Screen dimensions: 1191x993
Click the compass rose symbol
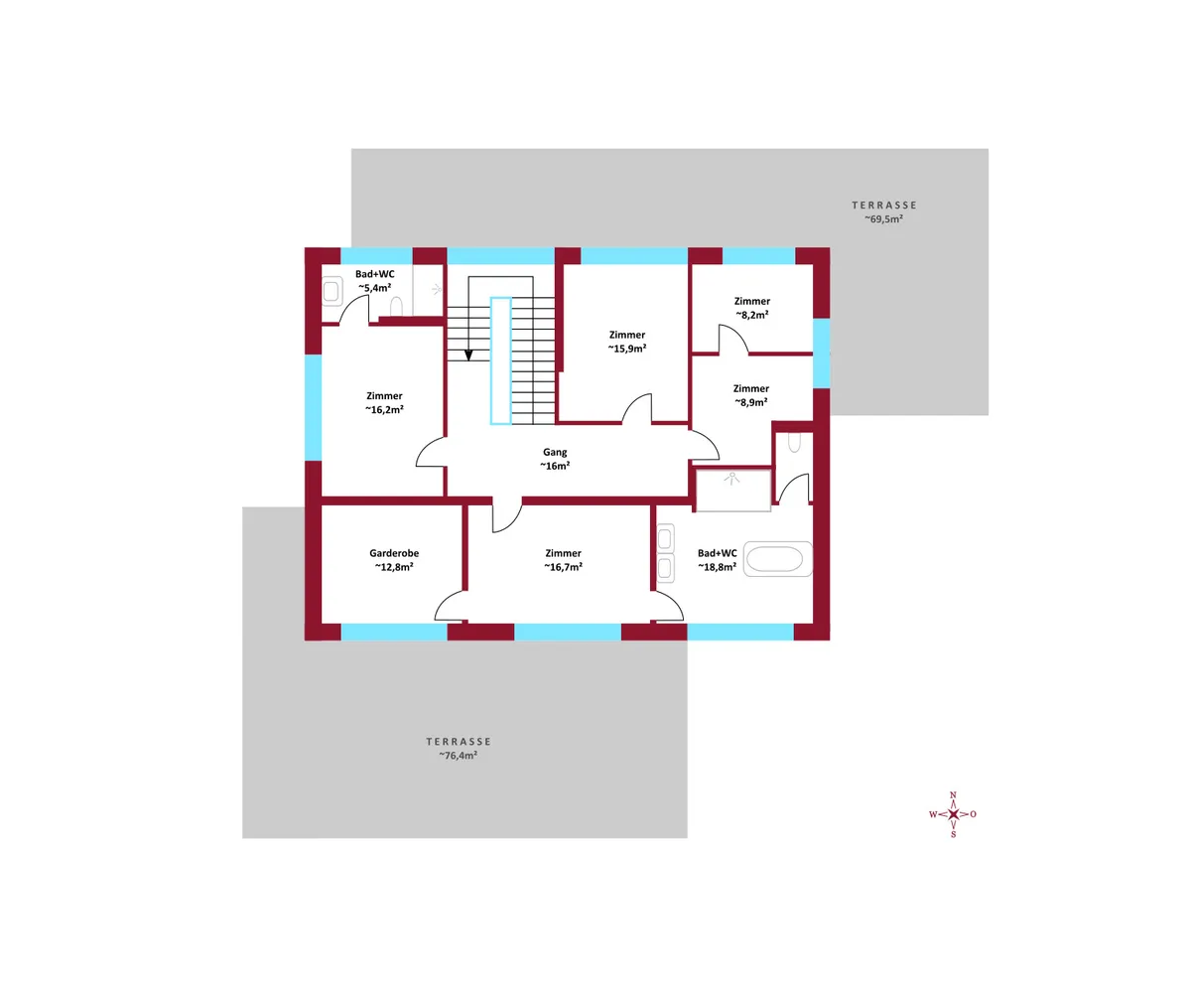click(953, 814)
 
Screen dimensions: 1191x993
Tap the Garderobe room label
click(394, 553)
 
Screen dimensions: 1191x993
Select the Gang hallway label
click(555, 453)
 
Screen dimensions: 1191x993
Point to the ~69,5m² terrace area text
click(883, 218)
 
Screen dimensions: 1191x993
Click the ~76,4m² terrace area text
click(458, 755)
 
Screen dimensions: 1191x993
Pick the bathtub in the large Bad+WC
click(778, 559)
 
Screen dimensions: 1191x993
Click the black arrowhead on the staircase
click(468, 355)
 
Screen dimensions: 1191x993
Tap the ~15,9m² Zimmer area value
click(627, 349)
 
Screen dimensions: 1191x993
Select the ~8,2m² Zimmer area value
click(751, 315)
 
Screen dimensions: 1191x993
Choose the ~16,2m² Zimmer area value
click(384, 409)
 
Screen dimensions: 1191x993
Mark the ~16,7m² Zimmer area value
click(563, 567)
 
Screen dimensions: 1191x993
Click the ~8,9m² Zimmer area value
click(750, 402)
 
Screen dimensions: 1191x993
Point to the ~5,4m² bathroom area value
click(375, 288)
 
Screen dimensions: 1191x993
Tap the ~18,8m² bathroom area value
click(717, 567)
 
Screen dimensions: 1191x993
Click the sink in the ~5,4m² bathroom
click(331, 291)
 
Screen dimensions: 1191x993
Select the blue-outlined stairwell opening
click(501, 361)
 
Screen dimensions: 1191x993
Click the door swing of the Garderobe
click(448, 606)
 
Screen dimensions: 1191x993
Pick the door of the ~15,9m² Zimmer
click(636, 408)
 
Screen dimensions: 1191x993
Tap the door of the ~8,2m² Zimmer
click(733, 339)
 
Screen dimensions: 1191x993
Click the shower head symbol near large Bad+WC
click(731, 479)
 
